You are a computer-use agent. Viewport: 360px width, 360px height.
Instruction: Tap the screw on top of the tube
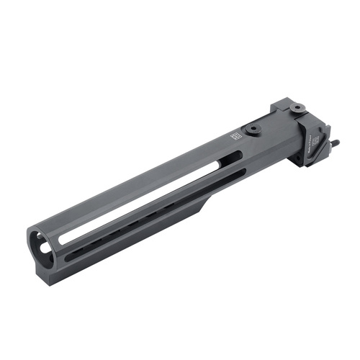click(x=253, y=130)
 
